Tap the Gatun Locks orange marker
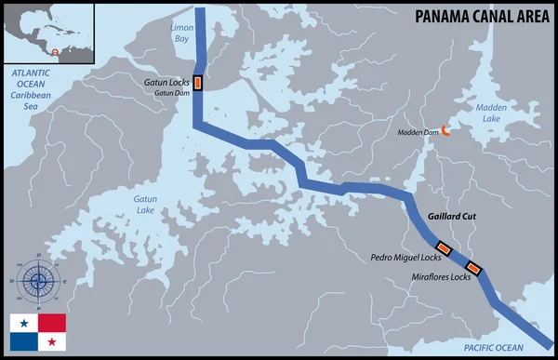tap(197, 84)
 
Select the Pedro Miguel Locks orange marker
tap(444, 248)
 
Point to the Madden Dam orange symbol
tap(445, 131)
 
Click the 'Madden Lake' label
tap(493, 113)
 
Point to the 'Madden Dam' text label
tap(416, 131)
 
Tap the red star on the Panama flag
tap(52, 342)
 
